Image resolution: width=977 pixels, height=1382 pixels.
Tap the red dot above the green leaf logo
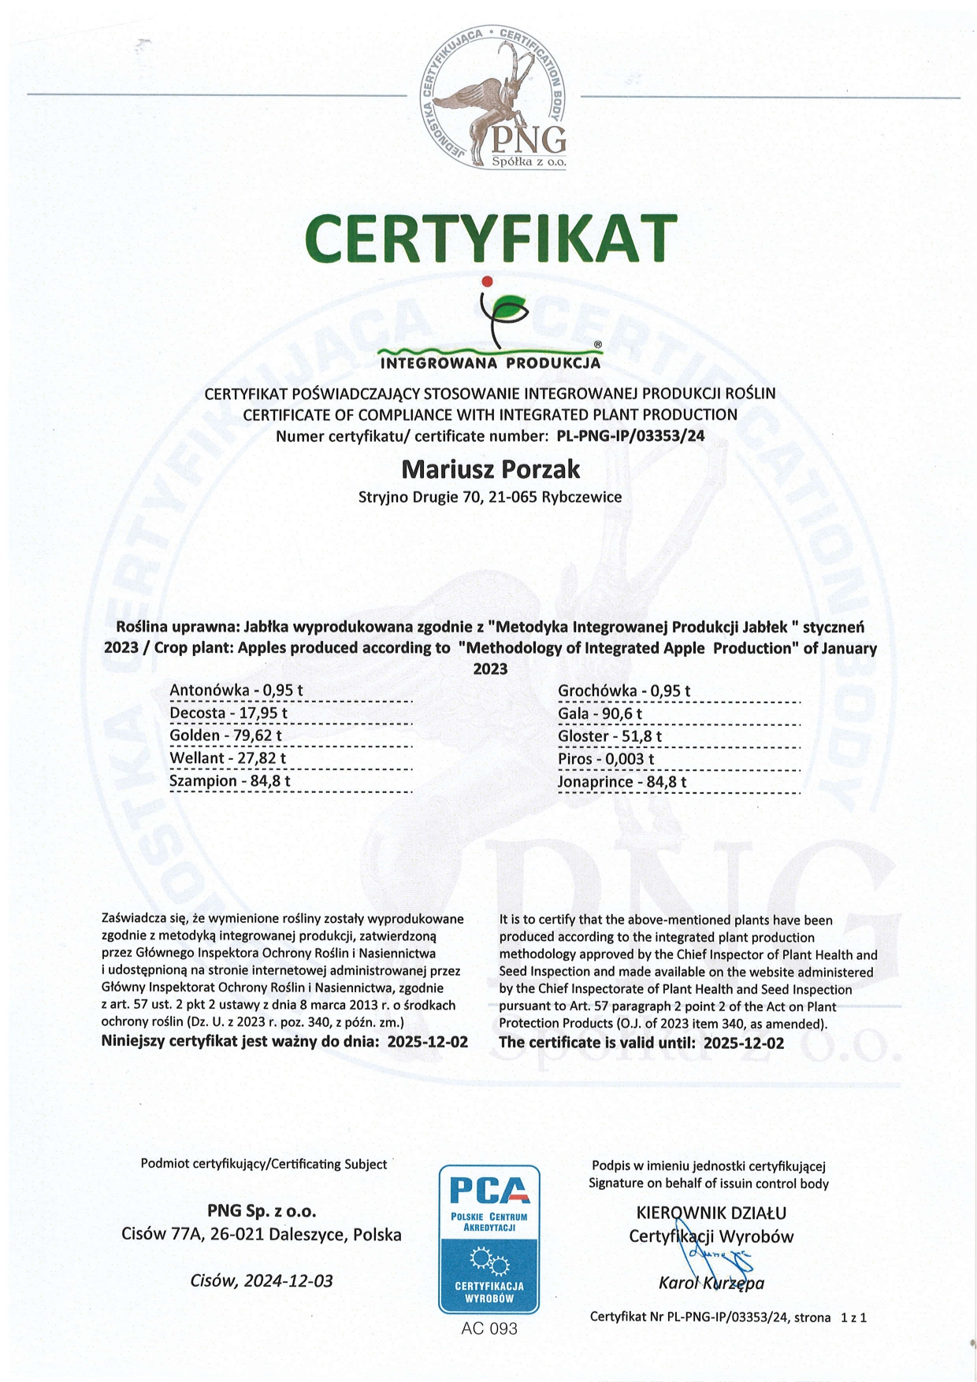point(487,281)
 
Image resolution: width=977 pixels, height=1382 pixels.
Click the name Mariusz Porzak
point(490,469)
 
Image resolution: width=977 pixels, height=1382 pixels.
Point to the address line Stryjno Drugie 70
point(489,497)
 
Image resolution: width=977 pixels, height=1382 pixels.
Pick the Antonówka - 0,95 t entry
point(236,691)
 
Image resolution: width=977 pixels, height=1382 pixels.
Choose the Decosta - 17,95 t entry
point(228,713)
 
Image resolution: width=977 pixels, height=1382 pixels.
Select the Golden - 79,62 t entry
point(225,735)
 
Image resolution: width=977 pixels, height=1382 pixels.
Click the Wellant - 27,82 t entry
point(228,758)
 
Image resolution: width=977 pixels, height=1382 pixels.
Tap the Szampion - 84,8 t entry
point(230,781)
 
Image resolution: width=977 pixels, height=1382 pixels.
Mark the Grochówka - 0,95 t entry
point(624,691)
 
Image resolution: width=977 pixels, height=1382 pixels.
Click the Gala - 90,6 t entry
point(600,713)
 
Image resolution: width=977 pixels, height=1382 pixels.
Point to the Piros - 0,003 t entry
point(606,759)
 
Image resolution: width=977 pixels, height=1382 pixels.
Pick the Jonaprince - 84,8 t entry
point(622,782)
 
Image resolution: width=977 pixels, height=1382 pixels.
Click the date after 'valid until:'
point(743,1043)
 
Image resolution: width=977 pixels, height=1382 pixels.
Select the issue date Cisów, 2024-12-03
point(262,1280)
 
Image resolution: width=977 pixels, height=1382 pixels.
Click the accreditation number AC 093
point(489,1328)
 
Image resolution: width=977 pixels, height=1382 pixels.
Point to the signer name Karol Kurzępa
point(711,1283)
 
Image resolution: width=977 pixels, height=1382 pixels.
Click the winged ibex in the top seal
point(489,98)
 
